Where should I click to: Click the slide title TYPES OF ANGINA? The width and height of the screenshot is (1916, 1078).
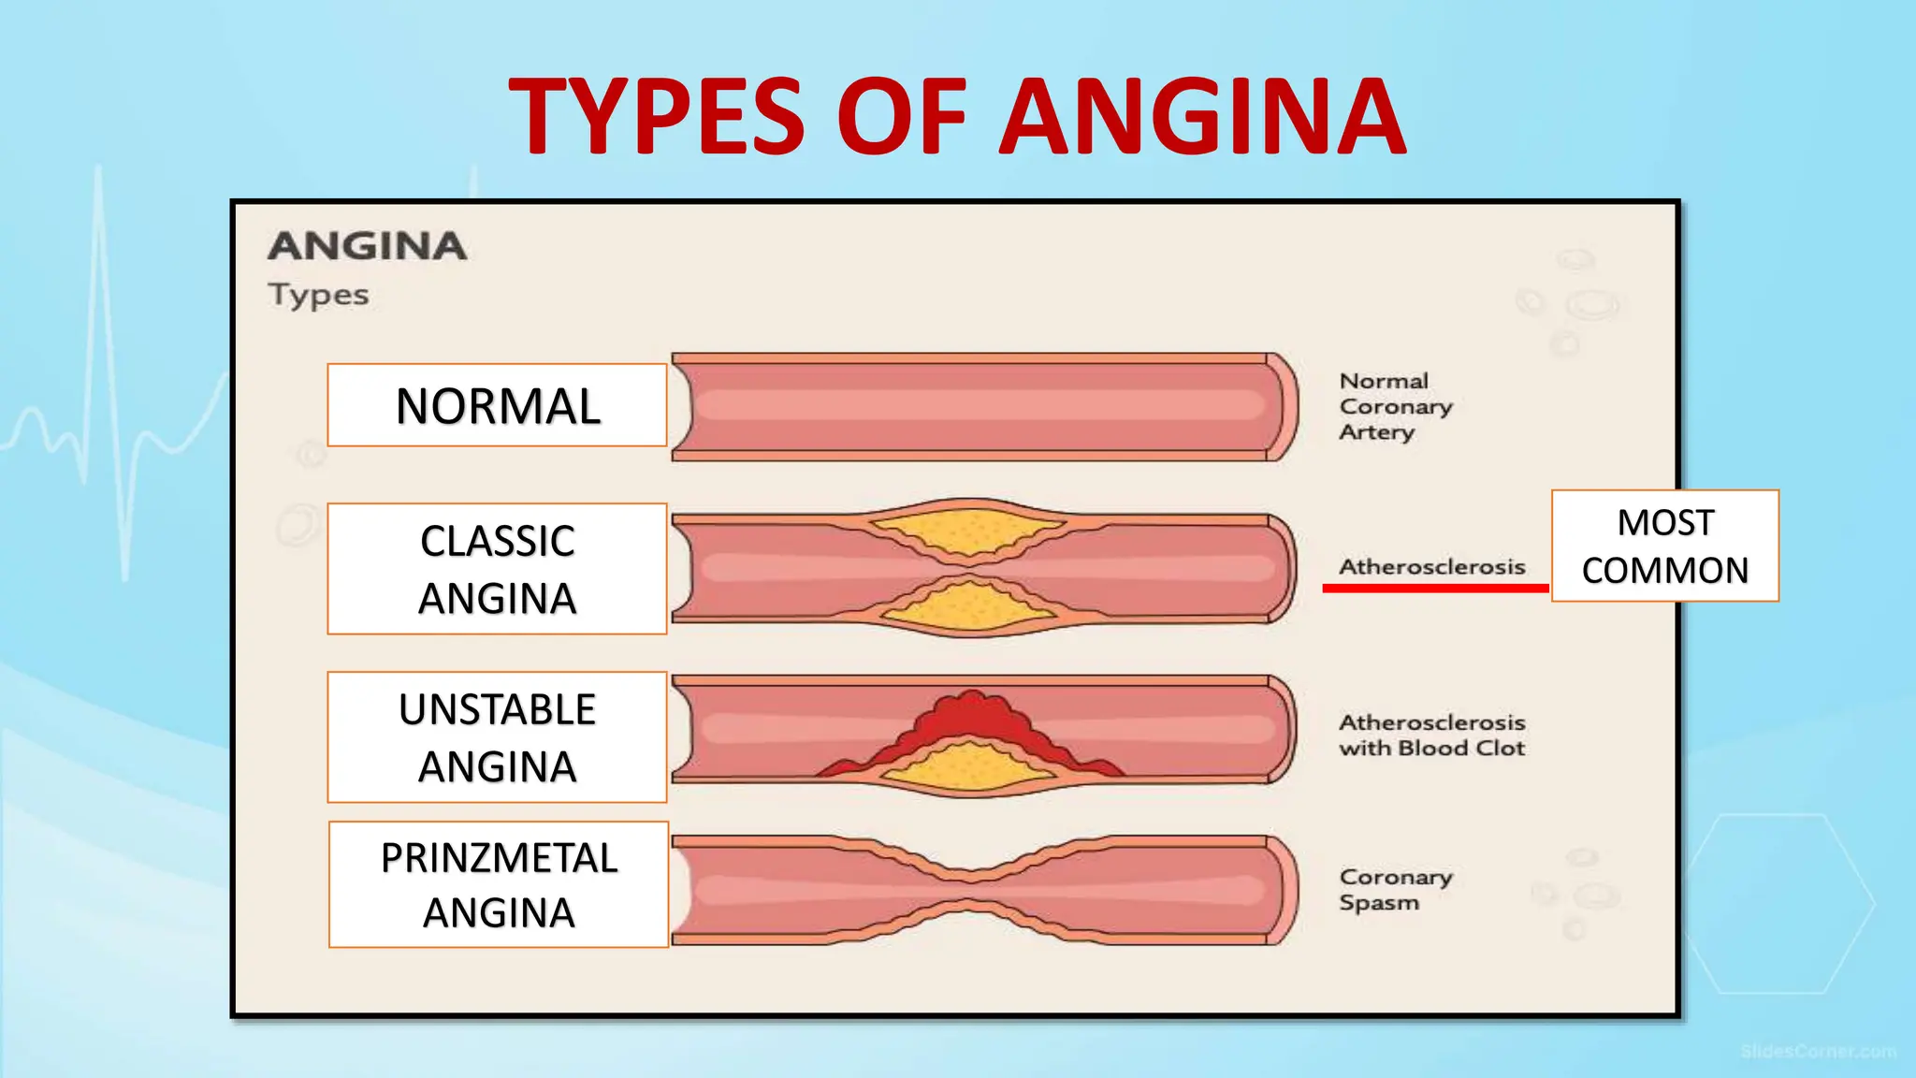pyautogui.click(x=957, y=116)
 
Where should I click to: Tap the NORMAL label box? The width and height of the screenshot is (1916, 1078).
pyautogui.click(x=497, y=405)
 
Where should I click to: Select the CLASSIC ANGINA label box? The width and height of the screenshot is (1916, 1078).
pyautogui.click(x=497, y=569)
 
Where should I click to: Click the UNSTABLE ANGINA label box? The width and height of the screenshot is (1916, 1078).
pyautogui.click(x=497, y=737)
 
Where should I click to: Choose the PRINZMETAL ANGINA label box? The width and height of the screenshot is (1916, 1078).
pyautogui.click(x=499, y=884)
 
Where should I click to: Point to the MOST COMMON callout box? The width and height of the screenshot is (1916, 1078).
pyautogui.click(x=1664, y=546)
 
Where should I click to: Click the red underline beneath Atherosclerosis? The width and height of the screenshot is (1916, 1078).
pyautogui.click(x=1435, y=588)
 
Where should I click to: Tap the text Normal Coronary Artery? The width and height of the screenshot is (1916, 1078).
pyautogui.click(x=1395, y=406)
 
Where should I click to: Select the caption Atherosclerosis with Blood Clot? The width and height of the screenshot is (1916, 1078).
pyautogui.click(x=1431, y=735)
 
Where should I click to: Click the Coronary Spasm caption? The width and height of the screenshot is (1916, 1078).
pyautogui.click(x=1395, y=889)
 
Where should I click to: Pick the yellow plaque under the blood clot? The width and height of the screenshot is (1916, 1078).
pyautogui.click(x=970, y=767)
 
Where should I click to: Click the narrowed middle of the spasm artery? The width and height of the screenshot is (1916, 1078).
pyautogui.click(x=970, y=889)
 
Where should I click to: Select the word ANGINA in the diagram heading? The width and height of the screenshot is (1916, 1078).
pyautogui.click(x=367, y=246)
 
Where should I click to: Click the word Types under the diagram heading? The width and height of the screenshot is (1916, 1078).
pyautogui.click(x=318, y=295)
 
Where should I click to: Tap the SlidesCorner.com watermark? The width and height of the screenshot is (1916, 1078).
pyautogui.click(x=1818, y=1052)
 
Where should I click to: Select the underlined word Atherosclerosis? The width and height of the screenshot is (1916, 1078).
pyautogui.click(x=1431, y=566)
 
